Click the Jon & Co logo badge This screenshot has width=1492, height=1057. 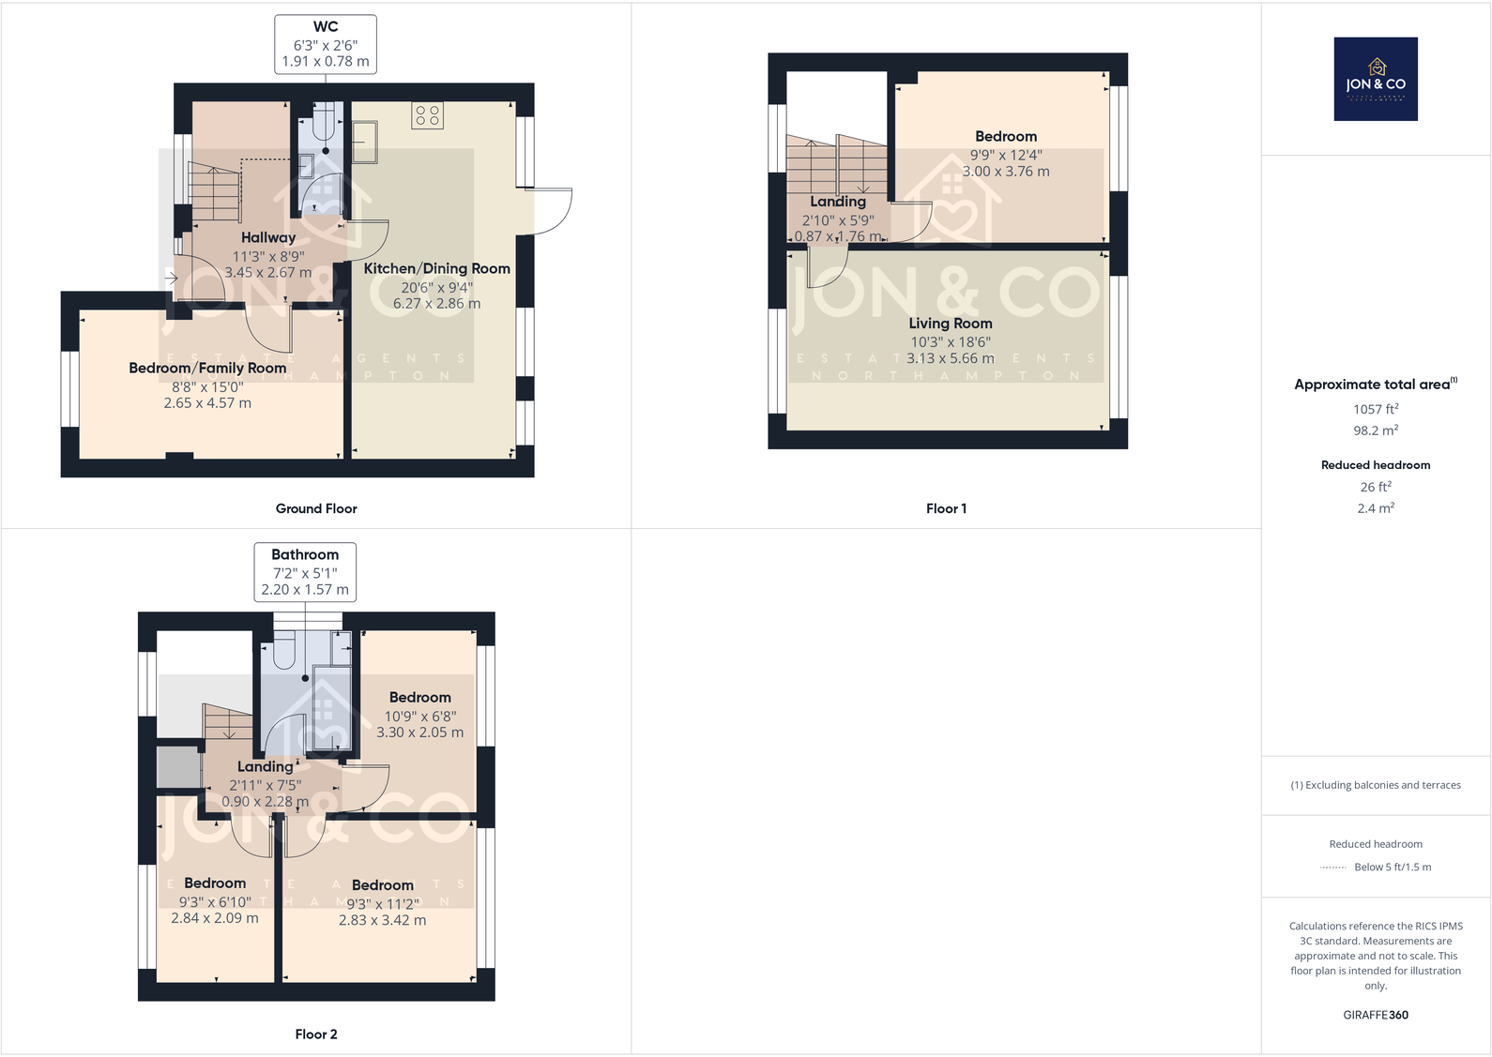[x=1375, y=79]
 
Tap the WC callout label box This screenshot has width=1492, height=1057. [x=325, y=44]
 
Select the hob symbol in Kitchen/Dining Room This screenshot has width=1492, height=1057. [x=427, y=115]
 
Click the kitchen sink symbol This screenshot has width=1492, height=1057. [x=364, y=142]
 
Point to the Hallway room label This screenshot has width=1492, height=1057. [x=267, y=237]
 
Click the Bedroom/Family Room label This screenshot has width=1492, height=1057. [x=207, y=368]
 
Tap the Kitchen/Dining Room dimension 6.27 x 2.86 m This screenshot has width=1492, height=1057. [x=436, y=304]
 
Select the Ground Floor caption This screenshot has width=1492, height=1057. [x=316, y=508]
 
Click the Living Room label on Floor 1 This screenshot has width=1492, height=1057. [x=950, y=323]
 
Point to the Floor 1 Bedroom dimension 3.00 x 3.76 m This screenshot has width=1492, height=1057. [x=1005, y=172]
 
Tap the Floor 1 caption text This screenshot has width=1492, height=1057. [x=946, y=508]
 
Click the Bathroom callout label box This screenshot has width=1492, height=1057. [x=305, y=571]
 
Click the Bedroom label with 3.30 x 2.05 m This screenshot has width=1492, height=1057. [x=419, y=697]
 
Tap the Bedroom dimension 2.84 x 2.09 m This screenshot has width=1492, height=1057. [x=214, y=918]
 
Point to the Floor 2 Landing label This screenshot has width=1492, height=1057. [x=265, y=766]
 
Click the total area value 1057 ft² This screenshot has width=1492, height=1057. [x=1375, y=409]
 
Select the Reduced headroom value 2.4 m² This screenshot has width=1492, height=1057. [x=1375, y=508]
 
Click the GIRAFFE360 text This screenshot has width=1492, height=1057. [x=1375, y=1015]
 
